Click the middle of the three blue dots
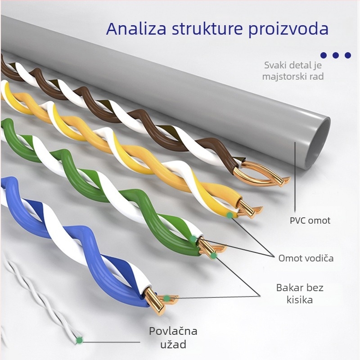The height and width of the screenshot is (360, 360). click(336, 55)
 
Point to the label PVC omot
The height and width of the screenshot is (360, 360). click(310, 220)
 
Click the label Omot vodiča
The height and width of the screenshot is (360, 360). click(306, 258)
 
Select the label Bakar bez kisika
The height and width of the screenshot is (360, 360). click(300, 293)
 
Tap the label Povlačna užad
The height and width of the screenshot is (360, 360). click(173, 338)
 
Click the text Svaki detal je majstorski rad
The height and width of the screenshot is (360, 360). click(294, 71)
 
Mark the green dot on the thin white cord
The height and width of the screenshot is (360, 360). click(80, 340)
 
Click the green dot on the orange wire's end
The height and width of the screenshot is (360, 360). click(230, 215)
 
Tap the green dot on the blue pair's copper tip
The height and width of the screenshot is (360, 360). click(167, 298)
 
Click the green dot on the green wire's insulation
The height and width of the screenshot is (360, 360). click(193, 239)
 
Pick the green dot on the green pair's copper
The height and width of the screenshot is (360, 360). click(214, 256)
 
